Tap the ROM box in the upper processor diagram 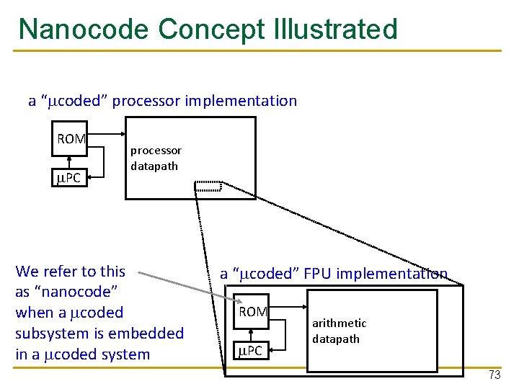pos(71,139)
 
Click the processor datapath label pos(156,158)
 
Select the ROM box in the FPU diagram pos(252,312)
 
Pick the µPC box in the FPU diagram pos(252,351)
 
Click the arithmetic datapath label pos(339,331)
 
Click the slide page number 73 pos(494,375)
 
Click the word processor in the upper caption pos(148,101)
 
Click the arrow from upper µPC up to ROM pos(71,161)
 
